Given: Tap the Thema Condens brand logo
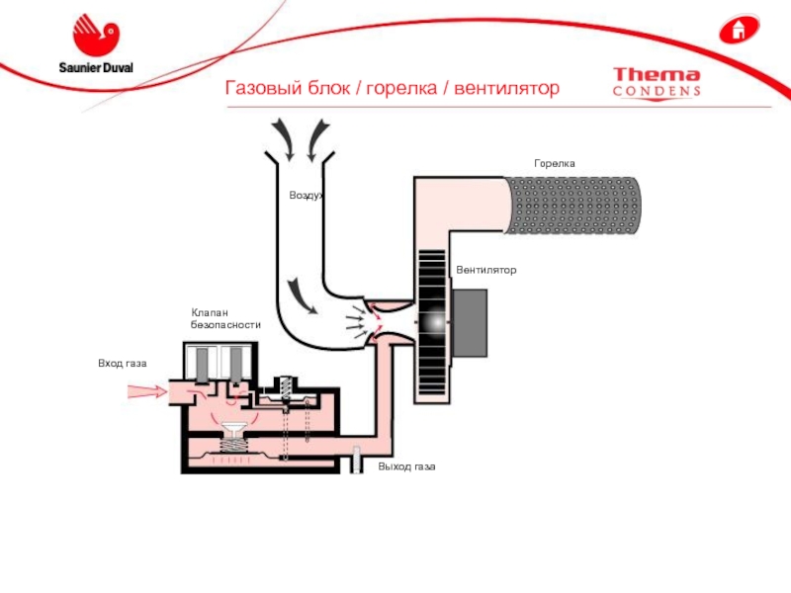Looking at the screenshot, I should point(657,82).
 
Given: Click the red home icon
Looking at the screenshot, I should point(736,29).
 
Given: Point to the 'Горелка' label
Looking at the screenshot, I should point(554,163).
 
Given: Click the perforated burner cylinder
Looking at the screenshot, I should point(573,206).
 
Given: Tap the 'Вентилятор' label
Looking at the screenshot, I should point(486,270).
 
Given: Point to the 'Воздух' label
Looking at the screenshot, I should point(307,196).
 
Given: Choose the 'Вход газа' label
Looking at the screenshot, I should point(122,364).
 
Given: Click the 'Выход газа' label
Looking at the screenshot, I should point(406,466).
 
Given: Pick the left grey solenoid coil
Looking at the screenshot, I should point(206,365).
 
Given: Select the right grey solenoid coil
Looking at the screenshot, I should point(238,365).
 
